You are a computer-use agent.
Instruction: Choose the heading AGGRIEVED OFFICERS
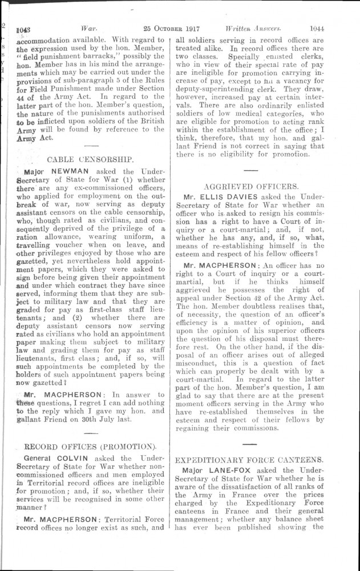tap(250, 186)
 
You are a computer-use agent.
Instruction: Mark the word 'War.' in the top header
tap(92, 27)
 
